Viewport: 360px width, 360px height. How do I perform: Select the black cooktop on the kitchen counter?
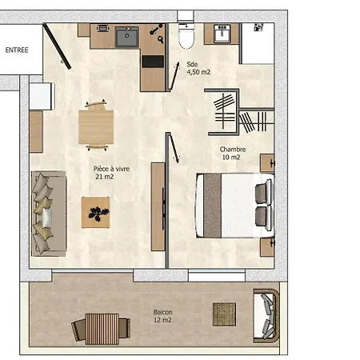[153, 60]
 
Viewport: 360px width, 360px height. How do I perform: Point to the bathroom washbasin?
[222, 34]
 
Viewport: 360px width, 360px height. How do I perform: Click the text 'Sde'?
[192, 64]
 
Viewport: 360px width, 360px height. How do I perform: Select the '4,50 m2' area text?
[198, 72]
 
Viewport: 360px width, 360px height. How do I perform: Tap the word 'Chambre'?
[233, 149]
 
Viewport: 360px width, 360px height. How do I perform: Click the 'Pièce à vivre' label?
[111, 169]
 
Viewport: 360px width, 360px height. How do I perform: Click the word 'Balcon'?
[162, 312]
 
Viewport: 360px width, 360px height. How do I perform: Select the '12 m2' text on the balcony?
[162, 320]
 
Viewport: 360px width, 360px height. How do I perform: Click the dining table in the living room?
[96, 126]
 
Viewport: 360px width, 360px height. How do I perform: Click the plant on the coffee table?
[99, 212]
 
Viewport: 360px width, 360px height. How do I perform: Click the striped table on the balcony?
[102, 327]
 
